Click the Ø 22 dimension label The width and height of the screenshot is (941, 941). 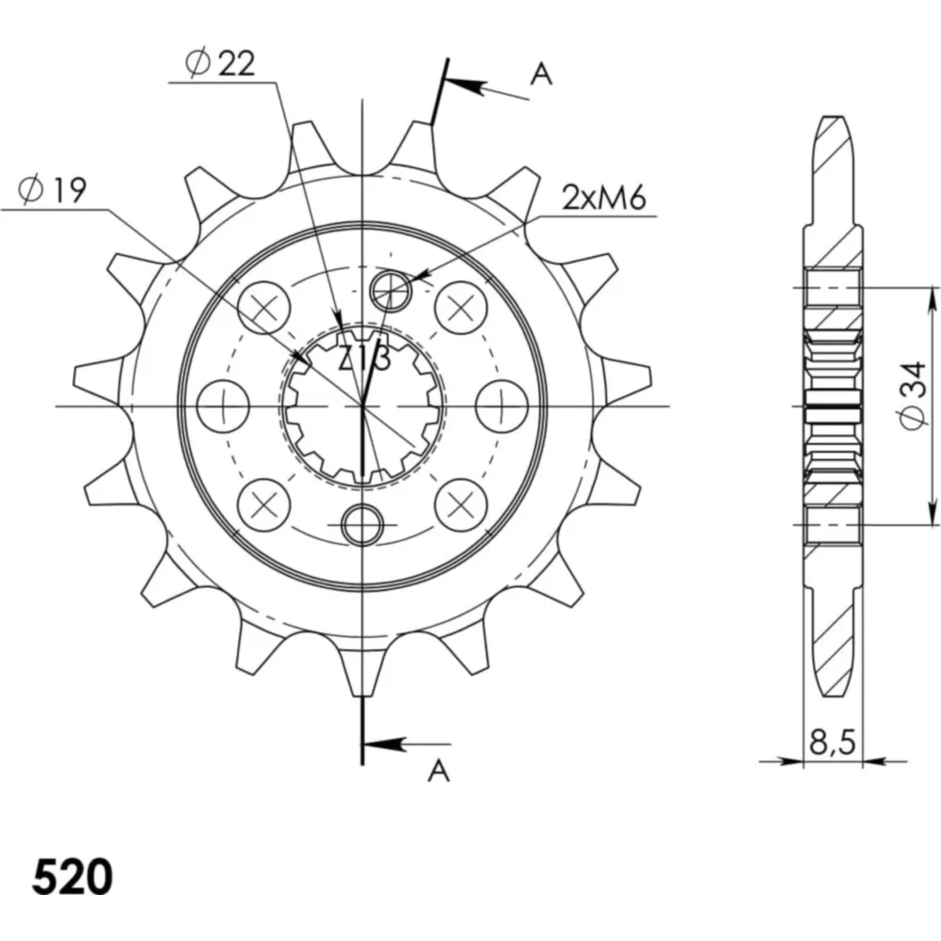click(x=219, y=63)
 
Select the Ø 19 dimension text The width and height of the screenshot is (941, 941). click(x=52, y=190)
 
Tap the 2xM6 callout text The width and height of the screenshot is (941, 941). click(x=604, y=198)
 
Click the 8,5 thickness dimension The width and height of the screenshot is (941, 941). click(x=832, y=743)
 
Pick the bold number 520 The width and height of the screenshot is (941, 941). click(x=72, y=878)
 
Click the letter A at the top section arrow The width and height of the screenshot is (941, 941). click(x=541, y=74)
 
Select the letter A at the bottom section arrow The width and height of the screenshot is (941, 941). click(x=439, y=771)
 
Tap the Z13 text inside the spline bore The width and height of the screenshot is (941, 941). click(x=365, y=359)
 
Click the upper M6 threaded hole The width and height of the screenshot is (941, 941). click(x=391, y=291)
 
